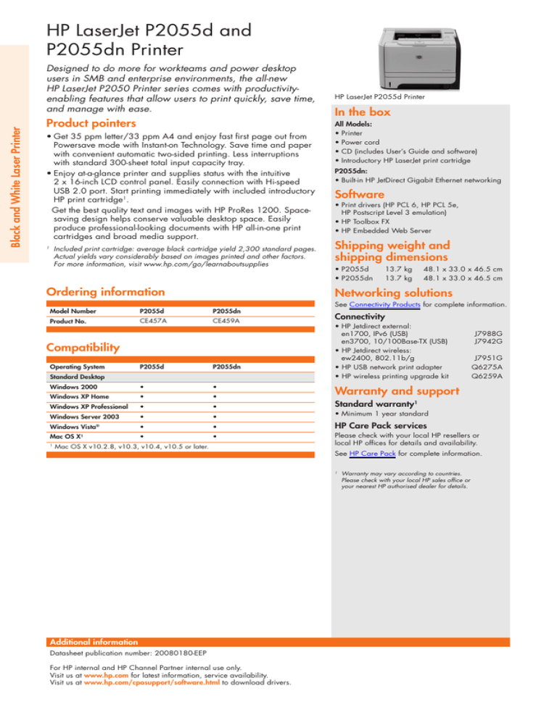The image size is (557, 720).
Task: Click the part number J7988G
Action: click(x=488, y=334)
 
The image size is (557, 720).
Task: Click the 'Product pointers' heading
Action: click(x=92, y=123)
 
